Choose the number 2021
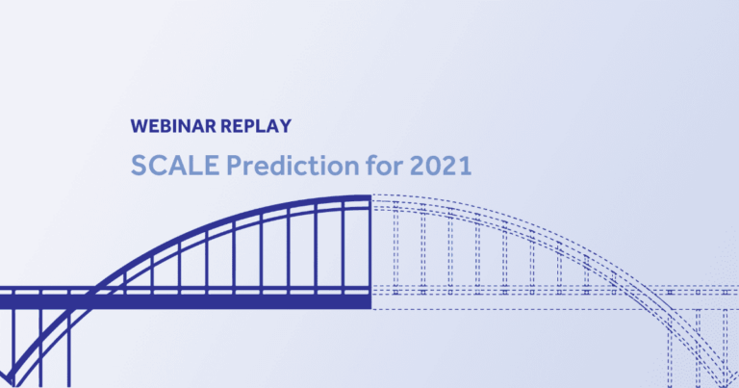[x=440, y=167]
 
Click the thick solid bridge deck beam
[x=192, y=301]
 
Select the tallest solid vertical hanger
[x=343, y=246]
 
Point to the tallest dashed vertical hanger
[x=395, y=247]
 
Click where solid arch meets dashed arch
[x=371, y=198]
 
